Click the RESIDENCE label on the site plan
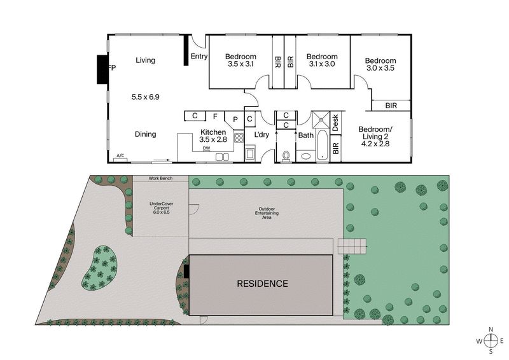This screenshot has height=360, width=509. tap(263, 284)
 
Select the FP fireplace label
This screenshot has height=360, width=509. tap(112, 67)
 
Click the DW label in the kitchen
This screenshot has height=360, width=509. tap(206, 148)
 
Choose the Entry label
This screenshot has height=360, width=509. tap(199, 57)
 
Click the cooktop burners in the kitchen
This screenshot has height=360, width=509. tap(239, 137)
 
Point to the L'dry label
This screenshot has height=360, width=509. tap(262, 135)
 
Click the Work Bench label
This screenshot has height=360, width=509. tap(160, 179)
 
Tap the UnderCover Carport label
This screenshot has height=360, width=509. tap(161, 208)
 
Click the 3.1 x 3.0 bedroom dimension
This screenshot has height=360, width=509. tap(322, 64)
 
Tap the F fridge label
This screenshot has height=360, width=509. tap(215, 116)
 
